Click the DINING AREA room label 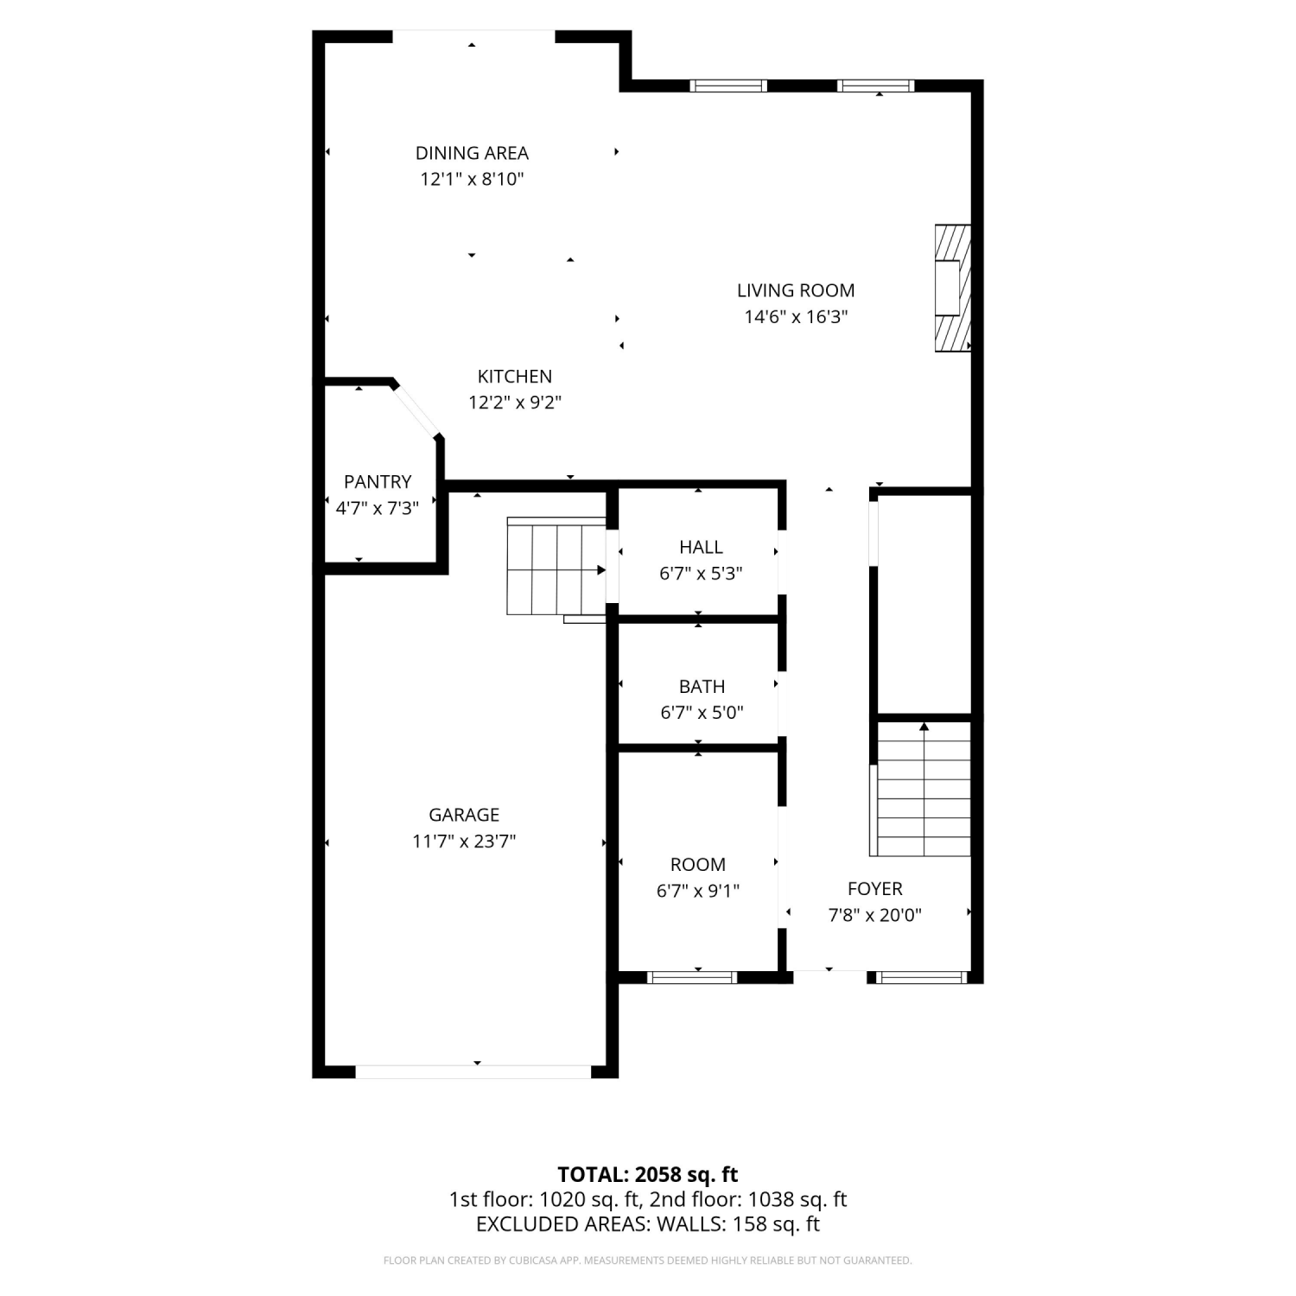tap(472, 153)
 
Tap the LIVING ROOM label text tap(796, 290)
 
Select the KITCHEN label tap(515, 376)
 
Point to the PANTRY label tap(378, 481)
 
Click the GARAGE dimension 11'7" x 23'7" tap(464, 841)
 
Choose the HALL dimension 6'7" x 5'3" tap(701, 573)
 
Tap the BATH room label tap(702, 686)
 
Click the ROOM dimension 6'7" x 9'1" tap(698, 890)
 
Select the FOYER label tap(875, 888)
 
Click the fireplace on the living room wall tap(953, 289)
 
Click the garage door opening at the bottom tap(473, 1071)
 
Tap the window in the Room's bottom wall tap(692, 977)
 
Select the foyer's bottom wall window tap(921, 977)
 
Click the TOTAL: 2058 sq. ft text tap(648, 1174)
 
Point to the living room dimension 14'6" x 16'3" tap(796, 316)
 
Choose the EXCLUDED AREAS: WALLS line tap(648, 1224)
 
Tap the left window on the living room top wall tap(728, 86)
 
